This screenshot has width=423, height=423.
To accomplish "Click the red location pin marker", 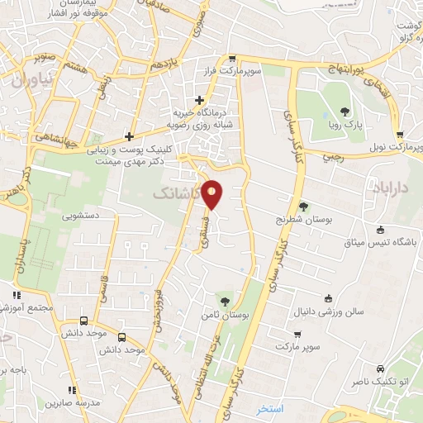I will pyautogui.click(x=213, y=193).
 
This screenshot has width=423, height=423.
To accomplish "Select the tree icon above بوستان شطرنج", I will pyautogui.click(x=303, y=207).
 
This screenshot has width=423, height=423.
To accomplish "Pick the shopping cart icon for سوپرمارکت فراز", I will pyautogui.click(x=234, y=59).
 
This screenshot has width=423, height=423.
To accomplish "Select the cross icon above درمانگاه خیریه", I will pyautogui.click(x=199, y=100).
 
